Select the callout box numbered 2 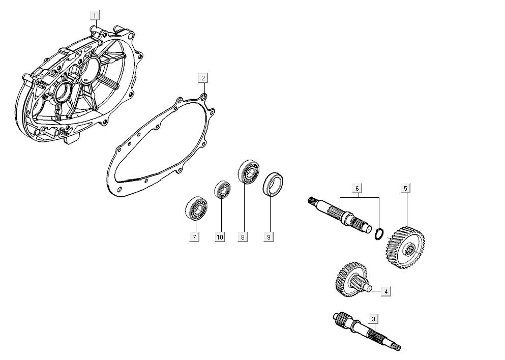click(x=202, y=78)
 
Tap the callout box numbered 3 click(x=373, y=319)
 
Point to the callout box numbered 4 click(x=386, y=291)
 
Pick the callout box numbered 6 click(x=357, y=189)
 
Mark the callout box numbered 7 click(x=194, y=237)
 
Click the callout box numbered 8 click(x=243, y=237)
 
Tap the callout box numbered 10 click(x=219, y=237)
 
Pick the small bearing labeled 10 click(x=221, y=189)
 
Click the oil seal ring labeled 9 click(x=273, y=184)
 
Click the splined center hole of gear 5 click(x=409, y=249)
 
